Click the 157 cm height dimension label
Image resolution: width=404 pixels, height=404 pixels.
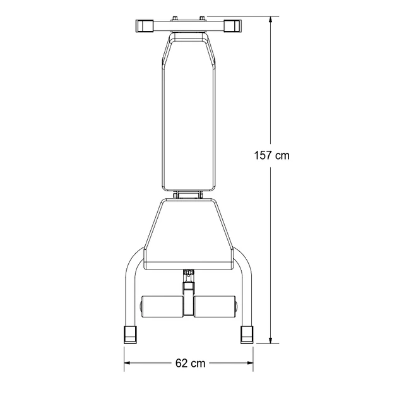click(x=271, y=155)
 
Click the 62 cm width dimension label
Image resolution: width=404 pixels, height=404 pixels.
click(x=190, y=363)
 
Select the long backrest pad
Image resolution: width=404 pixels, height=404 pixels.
click(x=189, y=114)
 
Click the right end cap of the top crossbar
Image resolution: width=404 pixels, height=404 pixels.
click(x=233, y=26)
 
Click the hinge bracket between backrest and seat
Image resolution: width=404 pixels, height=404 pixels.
click(x=189, y=195)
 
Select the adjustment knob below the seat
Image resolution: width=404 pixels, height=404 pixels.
click(x=188, y=275)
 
